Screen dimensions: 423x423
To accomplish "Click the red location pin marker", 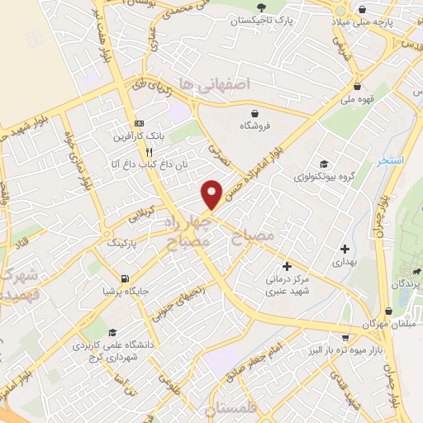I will [212, 193].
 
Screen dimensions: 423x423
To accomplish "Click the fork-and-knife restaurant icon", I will [150, 152].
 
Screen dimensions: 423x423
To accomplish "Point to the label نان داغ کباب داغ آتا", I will [139, 168].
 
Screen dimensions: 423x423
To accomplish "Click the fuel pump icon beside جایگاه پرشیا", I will [125, 278].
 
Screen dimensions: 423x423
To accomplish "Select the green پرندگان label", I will [411, 283].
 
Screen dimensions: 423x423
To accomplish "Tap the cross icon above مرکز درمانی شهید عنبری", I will [288, 266].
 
